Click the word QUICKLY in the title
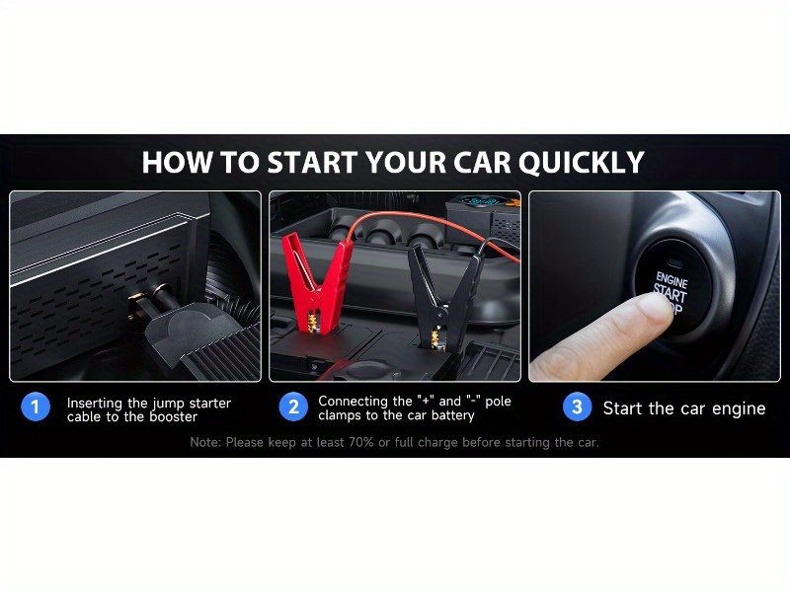click(x=582, y=163)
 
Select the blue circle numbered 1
click(x=36, y=407)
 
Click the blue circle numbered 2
click(x=293, y=407)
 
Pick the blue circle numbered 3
click(x=577, y=407)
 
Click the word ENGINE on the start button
click(x=671, y=279)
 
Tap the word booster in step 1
click(x=173, y=416)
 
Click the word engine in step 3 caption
click(x=739, y=408)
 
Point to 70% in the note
click(x=361, y=442)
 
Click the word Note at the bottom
click(x=205, y=442)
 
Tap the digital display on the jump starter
click(x=479, y=202)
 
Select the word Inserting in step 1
click(x=95, y=404)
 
